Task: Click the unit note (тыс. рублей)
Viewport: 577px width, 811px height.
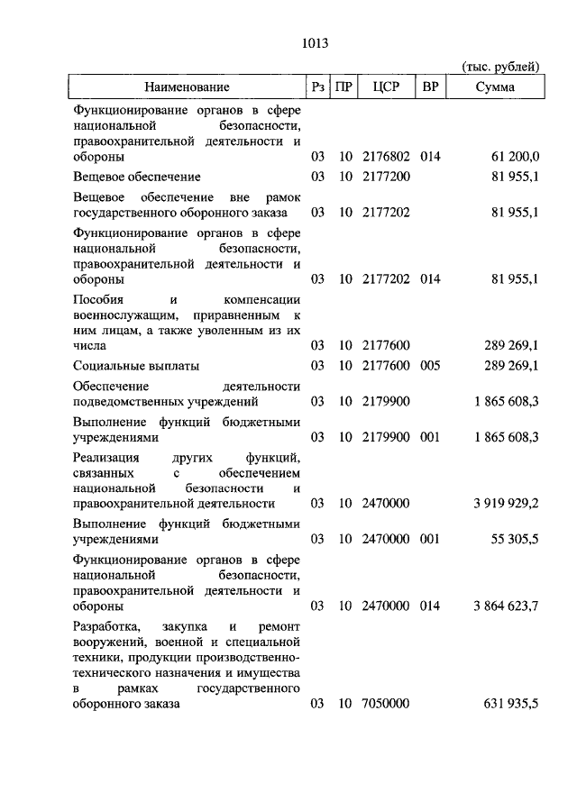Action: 500,67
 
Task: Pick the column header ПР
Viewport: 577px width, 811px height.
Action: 343,87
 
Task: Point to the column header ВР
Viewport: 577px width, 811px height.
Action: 430,87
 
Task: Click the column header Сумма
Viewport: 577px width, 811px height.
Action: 497,87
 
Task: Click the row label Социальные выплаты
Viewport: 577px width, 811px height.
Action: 136,366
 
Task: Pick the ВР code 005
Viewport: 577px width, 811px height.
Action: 430,366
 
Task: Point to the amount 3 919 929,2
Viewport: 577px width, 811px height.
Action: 505,503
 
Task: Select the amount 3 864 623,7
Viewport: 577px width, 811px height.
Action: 505,606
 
